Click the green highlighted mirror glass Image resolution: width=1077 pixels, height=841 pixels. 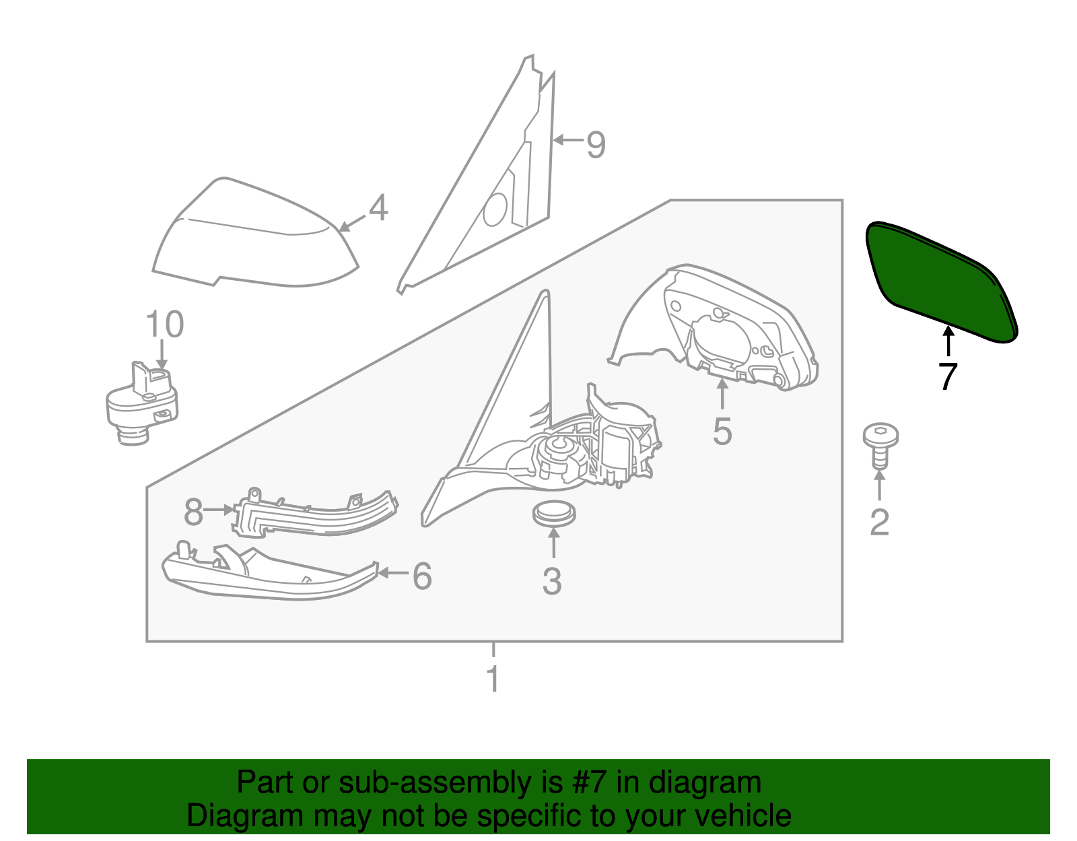(939, 281)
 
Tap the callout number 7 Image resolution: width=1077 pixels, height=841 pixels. (948, 376)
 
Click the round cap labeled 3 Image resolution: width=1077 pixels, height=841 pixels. (553, 514)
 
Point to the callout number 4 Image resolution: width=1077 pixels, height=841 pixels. (379, 208)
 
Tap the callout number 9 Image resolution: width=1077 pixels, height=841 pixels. (596, 145)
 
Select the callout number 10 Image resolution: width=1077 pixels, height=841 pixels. (164, 325)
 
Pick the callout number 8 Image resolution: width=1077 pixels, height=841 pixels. (193, 513)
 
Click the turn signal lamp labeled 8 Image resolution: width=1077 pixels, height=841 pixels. (316, 515)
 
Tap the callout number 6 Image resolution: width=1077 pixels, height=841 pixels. (422, 576)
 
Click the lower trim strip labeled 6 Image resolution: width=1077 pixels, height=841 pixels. (269, 579)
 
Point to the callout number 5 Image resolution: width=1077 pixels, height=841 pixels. (722, 432)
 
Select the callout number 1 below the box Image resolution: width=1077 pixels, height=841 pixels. (493, 679)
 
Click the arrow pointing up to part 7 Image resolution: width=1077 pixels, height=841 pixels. (948, 340)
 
